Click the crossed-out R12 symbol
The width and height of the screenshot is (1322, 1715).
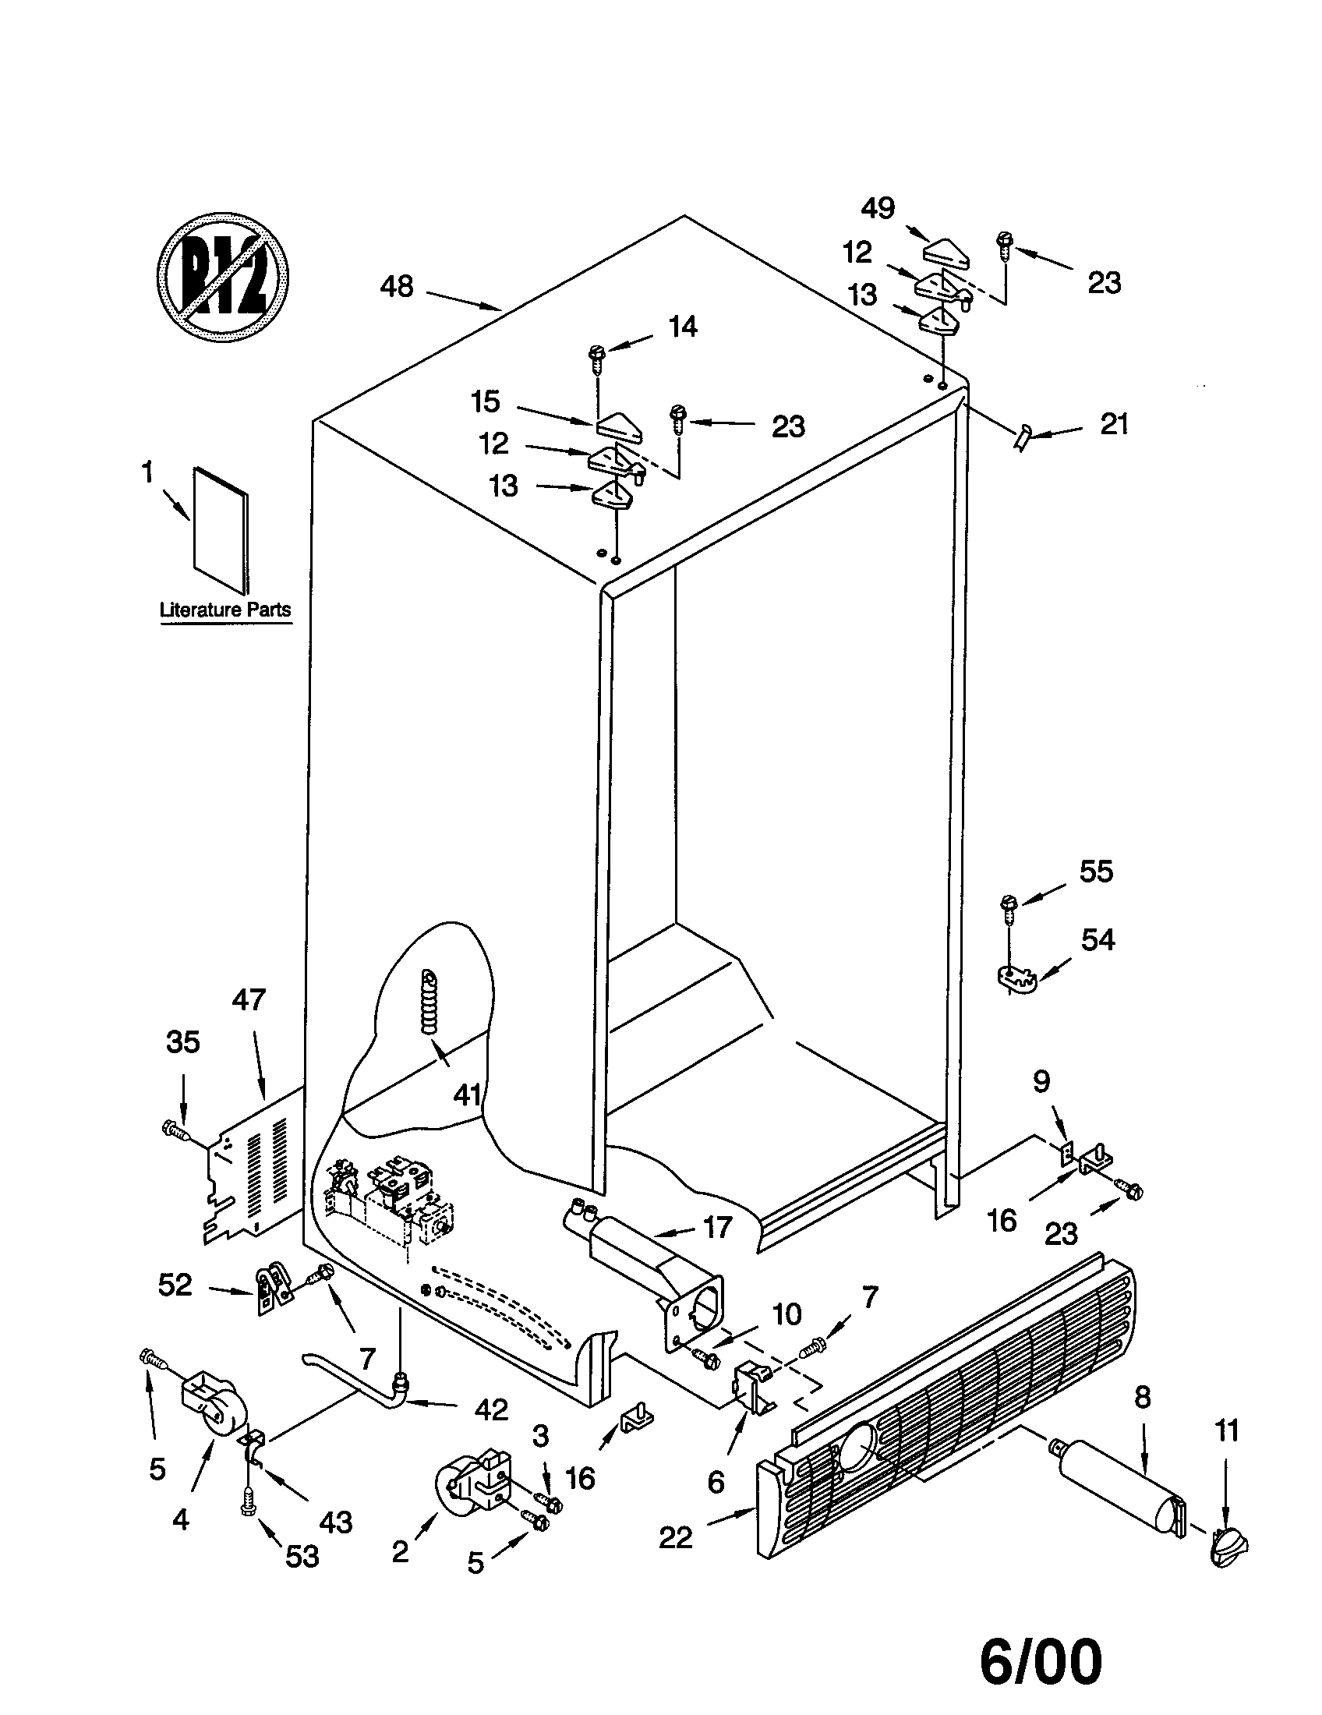(x=222, y=277)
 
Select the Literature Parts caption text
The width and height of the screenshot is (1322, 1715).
(x=225, y=610)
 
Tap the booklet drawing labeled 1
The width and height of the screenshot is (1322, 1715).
(x=221, y=530)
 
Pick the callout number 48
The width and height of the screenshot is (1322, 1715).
(x=397, y=287)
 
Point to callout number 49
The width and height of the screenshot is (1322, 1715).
(x=877, y=208)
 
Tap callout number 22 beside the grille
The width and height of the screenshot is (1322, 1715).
(x=676, y=1536)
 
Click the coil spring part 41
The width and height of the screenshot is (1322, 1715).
(x=430, y=1002)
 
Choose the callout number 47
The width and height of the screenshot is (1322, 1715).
(x=249, y=1000)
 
